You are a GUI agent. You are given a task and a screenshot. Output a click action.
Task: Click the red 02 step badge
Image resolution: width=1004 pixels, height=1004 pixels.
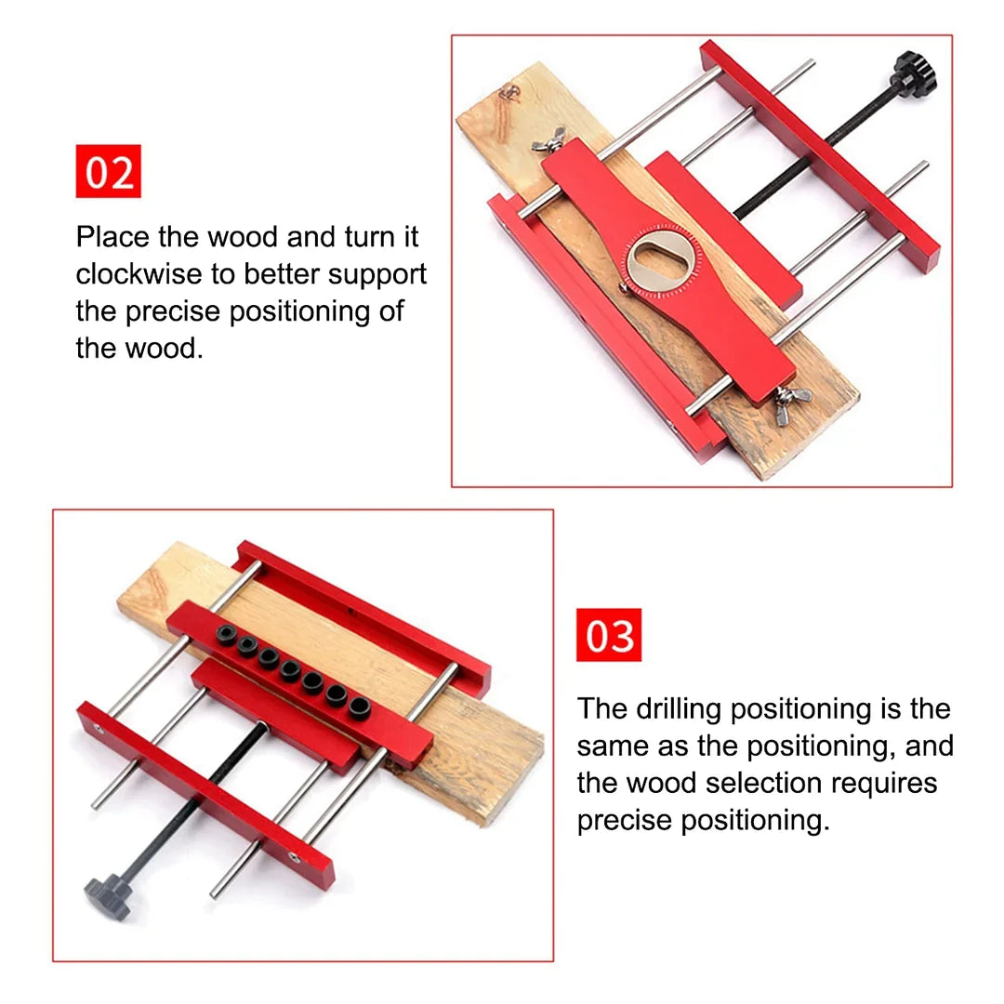108,171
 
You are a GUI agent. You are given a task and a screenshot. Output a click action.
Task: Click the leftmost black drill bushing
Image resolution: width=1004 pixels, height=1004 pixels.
226,636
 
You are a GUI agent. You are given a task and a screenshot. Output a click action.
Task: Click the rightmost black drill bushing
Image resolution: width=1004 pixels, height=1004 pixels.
359,709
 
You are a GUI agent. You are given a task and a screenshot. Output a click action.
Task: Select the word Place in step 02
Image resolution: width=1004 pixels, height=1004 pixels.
112,236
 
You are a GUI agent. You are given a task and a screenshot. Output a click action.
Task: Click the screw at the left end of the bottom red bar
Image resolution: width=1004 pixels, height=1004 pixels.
99,731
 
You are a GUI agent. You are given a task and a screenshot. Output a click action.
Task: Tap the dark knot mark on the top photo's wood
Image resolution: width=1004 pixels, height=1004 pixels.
509,90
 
